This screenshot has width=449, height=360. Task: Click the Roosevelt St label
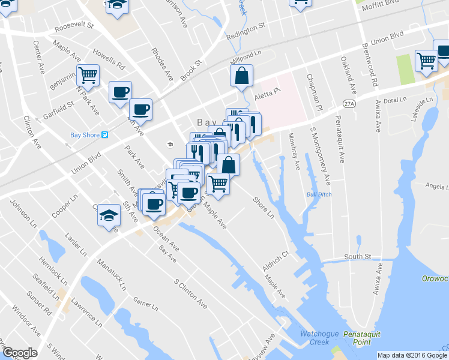[74, 27]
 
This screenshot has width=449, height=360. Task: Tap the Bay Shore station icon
[105, 135]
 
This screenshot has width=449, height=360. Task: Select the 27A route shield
[348, 104]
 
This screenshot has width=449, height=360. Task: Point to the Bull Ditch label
[319, 194]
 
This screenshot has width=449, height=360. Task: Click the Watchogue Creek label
[315, 338]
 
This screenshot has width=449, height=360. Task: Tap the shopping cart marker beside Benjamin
[88, 74]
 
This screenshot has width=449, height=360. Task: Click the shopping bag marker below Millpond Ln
[241, 76]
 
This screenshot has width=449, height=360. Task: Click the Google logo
[20, 353]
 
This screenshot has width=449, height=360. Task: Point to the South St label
[358, 257]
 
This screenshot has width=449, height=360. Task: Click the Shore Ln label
[263, 208]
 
